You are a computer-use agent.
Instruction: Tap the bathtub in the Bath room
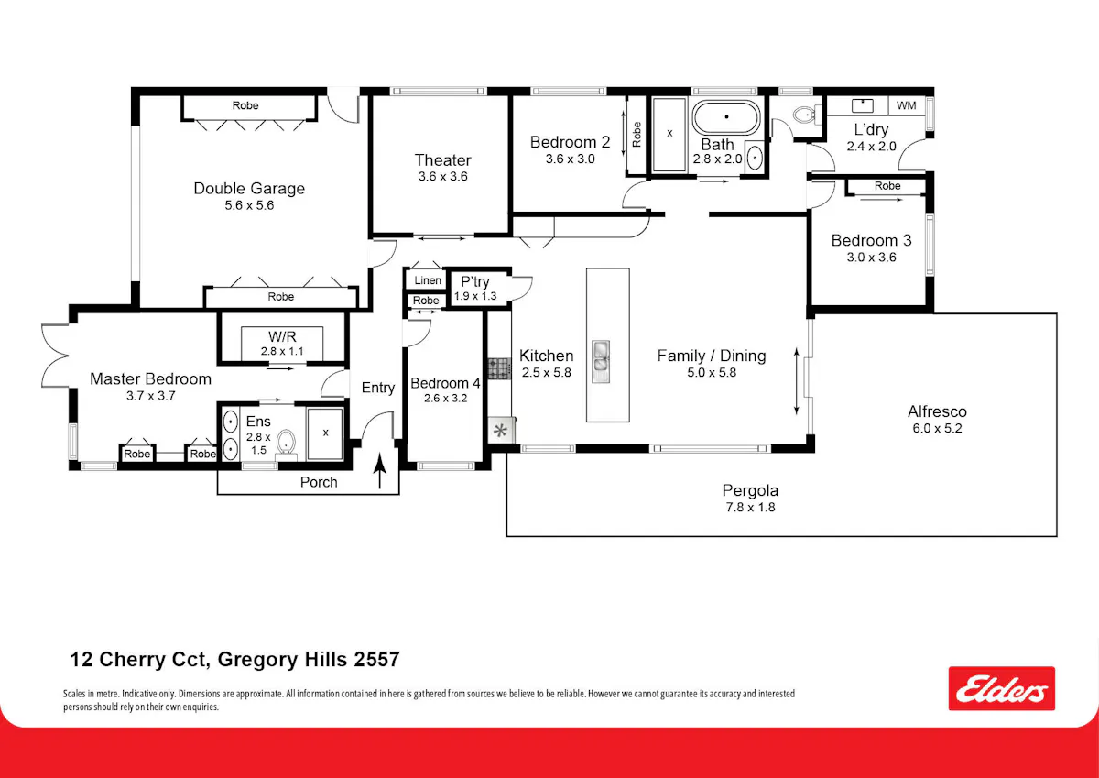726,117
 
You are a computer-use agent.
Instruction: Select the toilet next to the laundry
805,115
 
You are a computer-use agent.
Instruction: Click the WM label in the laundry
906,105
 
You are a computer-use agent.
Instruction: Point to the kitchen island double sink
601,361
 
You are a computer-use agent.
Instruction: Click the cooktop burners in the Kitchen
499,368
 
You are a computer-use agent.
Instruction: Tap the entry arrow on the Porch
379,471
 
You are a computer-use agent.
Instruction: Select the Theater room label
442,160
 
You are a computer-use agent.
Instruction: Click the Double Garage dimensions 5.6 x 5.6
249,205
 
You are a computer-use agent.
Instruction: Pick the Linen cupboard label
428,280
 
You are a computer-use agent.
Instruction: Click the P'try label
475,281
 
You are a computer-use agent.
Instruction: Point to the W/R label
282,336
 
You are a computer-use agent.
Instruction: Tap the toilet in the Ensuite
286,444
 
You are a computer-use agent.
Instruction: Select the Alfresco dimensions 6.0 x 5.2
937,428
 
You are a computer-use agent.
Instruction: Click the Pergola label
750,490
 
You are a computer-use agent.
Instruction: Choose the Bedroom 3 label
871,240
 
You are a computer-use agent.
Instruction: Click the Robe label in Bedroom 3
887,185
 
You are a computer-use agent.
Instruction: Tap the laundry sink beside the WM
862,105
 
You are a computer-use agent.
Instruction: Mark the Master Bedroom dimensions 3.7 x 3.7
150,396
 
